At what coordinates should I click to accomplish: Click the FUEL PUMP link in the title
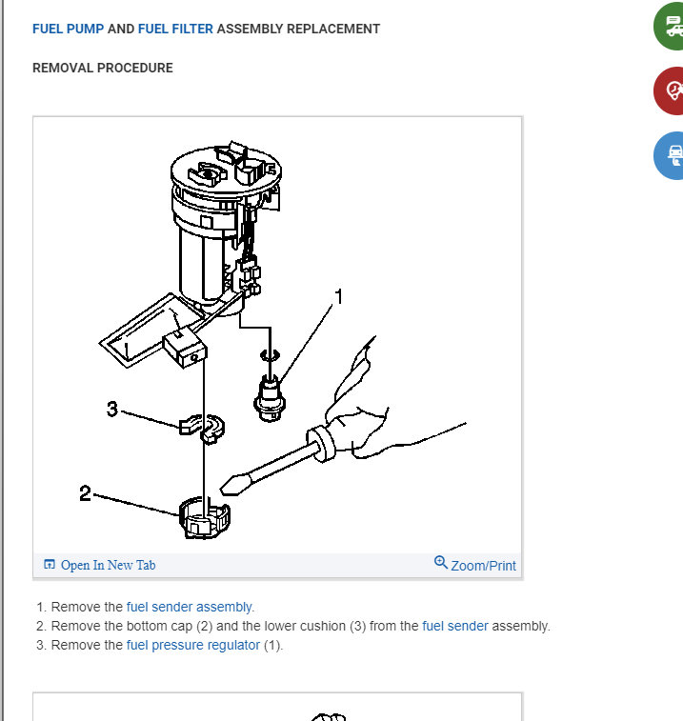68,29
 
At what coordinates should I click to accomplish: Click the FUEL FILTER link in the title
175,29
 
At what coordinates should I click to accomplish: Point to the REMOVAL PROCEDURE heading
103,68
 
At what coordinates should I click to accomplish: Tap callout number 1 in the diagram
339,296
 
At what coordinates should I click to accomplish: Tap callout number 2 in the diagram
85,493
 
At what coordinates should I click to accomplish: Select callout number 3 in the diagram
112,409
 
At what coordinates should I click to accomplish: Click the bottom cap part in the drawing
204,518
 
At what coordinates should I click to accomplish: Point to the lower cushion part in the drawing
201,428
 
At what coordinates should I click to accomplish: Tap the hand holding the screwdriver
368,414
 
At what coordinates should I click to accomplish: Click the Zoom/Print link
483,566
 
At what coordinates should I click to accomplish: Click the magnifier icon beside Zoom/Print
441,562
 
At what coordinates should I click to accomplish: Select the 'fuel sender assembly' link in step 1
189,607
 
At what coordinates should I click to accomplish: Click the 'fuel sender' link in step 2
455,626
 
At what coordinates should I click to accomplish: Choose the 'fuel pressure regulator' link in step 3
193,645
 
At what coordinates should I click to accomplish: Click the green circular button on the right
670,27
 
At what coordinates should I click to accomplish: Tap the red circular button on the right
670,90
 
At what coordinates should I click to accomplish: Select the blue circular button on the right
670,155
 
